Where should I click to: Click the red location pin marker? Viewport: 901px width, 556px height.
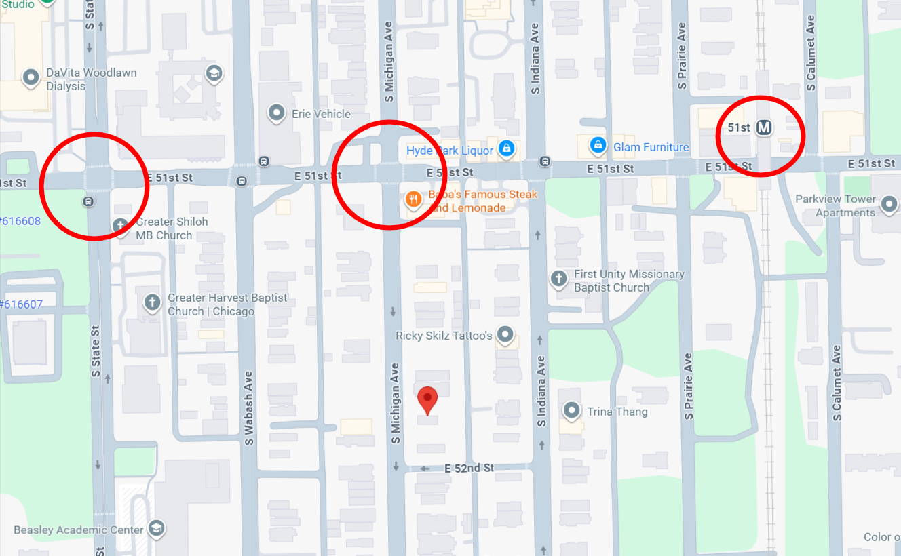(427, 399)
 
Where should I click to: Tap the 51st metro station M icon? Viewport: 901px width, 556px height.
(765, 127)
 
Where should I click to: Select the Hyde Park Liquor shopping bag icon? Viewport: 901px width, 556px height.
(505, 149)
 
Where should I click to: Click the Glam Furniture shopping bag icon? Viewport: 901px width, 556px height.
(598, 145)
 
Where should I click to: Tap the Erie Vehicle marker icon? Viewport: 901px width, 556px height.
(276, 113)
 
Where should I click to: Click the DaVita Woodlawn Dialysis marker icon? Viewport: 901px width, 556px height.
(31, 79)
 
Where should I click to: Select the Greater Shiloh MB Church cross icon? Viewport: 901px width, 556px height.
(121, 226)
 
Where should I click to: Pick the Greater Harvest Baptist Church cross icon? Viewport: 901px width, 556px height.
(152, 302)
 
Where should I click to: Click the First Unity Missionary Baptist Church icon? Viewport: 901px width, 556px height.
(558, 279)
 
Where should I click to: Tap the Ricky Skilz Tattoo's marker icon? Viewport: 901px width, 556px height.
(505, 334)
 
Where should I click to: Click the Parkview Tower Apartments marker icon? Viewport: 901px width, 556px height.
(888, 203)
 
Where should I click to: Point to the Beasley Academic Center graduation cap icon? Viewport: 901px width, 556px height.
(157, 528)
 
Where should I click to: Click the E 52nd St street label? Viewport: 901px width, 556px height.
(469, 469)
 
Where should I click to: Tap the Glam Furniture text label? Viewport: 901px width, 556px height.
(651, 147)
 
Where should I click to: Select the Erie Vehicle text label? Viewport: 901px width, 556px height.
(321, 114)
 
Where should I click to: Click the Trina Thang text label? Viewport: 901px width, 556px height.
(617, 412)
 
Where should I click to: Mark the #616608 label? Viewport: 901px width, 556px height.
(20, 221)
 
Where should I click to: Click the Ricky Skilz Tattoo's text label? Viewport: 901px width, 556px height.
(444, 336)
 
